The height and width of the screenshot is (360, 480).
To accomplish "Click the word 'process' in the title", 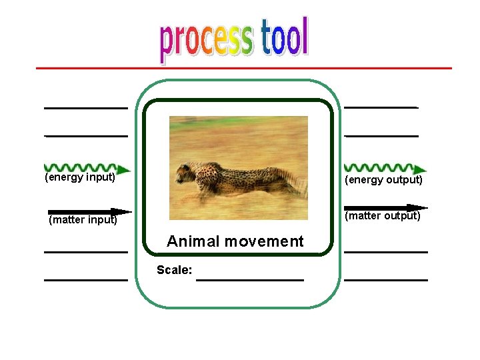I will [206, 40].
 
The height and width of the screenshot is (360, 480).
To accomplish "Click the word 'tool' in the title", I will [284, 37].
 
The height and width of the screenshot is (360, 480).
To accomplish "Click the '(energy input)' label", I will [80, 178].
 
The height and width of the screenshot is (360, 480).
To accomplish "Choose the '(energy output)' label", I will [383, 180].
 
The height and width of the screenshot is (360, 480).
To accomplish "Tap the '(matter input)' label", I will [83, 220].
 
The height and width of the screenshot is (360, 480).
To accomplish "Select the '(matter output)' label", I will [382, 216].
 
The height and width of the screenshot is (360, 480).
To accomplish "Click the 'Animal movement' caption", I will [235, 241].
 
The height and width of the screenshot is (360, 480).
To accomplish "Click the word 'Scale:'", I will [174, 270].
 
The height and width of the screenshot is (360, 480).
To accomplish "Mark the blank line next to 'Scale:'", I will [250, 279].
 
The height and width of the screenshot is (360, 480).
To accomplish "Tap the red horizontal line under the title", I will [243, 68].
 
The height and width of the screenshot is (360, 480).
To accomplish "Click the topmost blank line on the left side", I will [85, 107].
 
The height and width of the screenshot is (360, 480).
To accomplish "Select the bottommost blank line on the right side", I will [385, 280].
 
